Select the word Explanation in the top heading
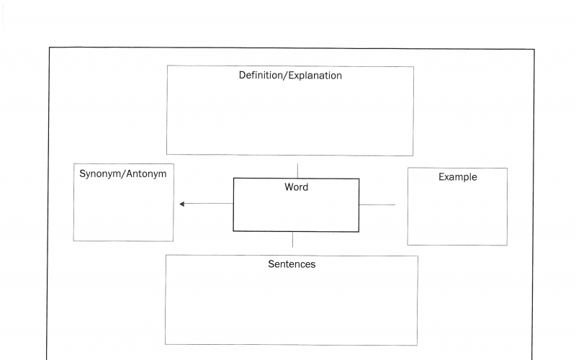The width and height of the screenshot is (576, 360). pos(315,76)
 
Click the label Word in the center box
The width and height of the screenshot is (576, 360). pos(296,187)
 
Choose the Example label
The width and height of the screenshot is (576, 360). pos(457,177)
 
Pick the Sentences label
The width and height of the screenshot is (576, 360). pos(292,264)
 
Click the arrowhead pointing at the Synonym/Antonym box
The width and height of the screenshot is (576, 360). pos(182,204)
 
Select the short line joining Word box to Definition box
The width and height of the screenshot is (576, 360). pos(297,171)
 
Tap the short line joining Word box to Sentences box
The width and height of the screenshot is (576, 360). pos(292,240)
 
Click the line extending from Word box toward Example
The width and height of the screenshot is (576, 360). pos(377,204)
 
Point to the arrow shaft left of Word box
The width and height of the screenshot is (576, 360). pos(209,204)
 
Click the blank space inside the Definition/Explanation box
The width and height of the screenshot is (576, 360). pos(290,119)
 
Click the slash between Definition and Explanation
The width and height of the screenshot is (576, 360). pos(286,76)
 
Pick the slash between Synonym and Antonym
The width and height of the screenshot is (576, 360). pos(124,174)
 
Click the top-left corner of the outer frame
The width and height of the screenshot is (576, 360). pos(49,48)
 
